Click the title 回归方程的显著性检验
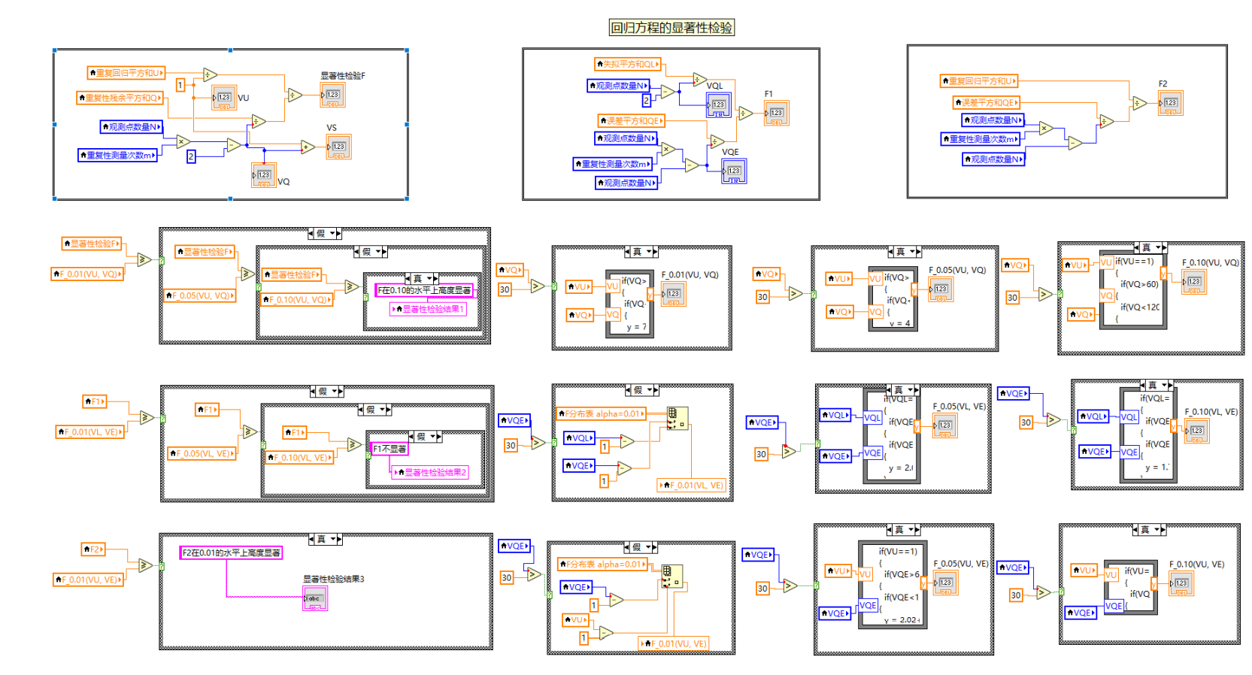click(x=671, y=28)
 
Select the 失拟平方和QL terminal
click(x=627, y=64)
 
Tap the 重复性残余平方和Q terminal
click(x=120, y=98)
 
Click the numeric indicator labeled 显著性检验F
click(x=332, y=95)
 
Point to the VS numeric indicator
click(x=338, y=147)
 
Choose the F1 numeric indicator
click(x=776, y=114)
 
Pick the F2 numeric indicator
click(x=1170, y=103)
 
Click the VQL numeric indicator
click(x=719, y=105)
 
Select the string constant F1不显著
click(x=390, y=449)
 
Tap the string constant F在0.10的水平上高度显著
click(x=424, y=290)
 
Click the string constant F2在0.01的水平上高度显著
click(x=231, y=552)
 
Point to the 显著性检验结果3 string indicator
click(x=314, y=598)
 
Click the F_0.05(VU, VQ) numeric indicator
click(x=941, y=289)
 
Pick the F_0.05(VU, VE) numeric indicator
click(x=945, y=583)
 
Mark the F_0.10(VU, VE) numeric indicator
click(x=1181, y=583)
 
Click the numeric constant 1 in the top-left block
click(x=180, y=85)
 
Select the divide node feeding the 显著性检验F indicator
click(x=295, y=95)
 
